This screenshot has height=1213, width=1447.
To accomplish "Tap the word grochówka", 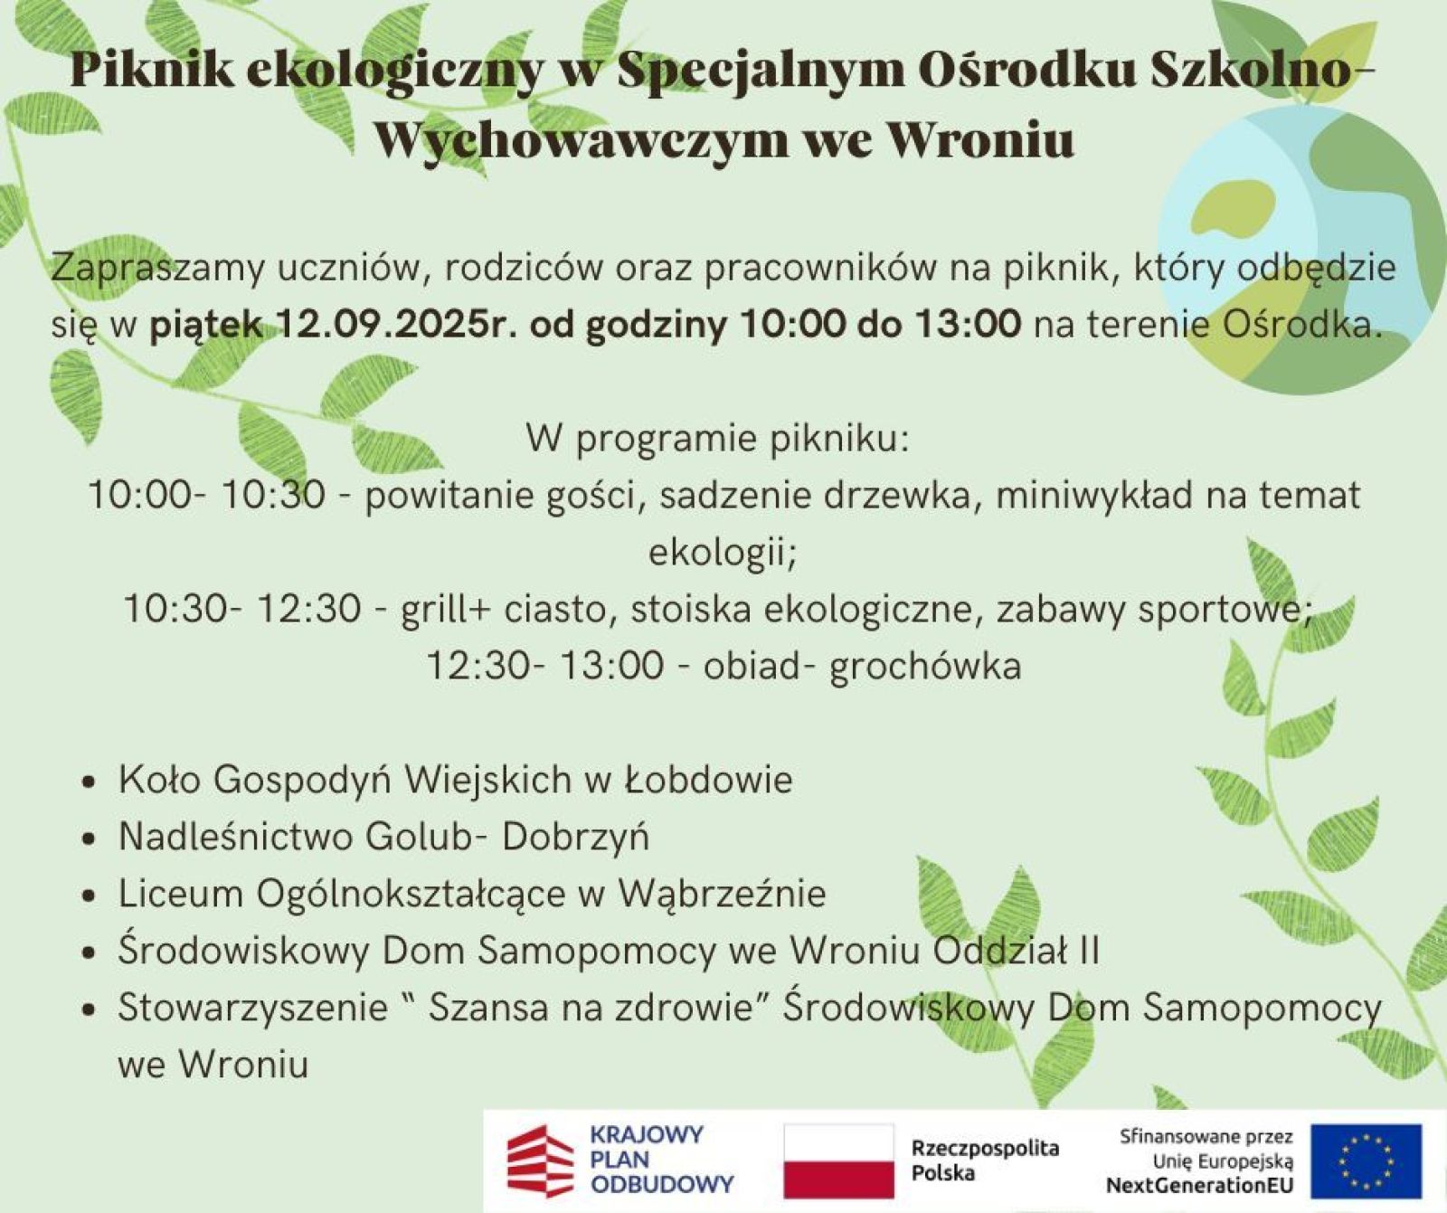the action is coord(925,666).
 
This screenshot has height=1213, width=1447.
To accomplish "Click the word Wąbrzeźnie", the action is coord(722,895).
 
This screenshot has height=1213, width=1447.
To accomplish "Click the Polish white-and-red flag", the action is coord(838,1161).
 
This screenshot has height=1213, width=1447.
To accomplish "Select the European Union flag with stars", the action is coord(1367,1161).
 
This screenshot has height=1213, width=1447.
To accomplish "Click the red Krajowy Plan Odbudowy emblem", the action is coord(540,1161).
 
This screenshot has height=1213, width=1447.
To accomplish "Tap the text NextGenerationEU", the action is coord(1199,1185).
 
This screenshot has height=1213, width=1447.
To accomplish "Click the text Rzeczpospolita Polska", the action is coord(985,1161).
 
